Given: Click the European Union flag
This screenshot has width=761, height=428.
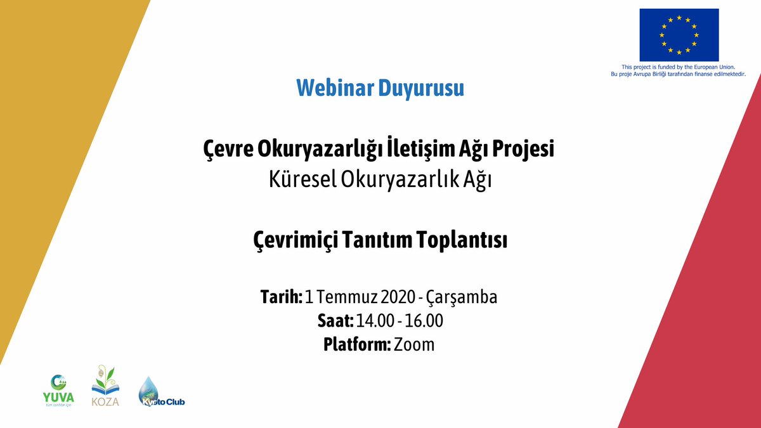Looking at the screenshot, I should click(x=679, y=35).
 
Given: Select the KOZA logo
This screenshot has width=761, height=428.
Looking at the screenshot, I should click(x=105, y=387).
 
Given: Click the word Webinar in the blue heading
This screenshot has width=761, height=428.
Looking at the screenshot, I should click(x=335, y=88).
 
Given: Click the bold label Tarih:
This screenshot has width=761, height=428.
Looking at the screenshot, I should click(x=281, y=297).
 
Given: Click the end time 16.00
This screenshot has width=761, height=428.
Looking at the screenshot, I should click(x=423, y=321).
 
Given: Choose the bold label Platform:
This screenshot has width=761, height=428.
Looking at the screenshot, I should click(x=356, y=345).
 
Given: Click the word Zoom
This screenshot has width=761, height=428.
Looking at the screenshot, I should click(x=415, y=345).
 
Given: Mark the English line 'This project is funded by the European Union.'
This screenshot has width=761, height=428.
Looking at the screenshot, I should click(x=678, y=67).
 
